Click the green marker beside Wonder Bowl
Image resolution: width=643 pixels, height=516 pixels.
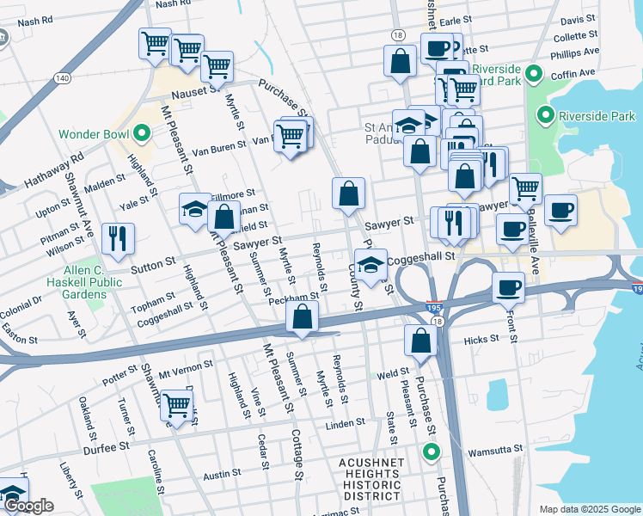[x=142, y=134]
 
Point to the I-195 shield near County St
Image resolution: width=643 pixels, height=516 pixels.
[x=432, y=305]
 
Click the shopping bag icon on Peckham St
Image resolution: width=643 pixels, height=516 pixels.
[x=303, y=316]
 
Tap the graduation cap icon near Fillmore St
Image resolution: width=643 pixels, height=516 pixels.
[x=195, y=207]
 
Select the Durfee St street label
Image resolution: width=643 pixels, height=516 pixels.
[x=106, y=446]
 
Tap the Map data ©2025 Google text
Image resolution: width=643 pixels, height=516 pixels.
[x=589, y=508]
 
